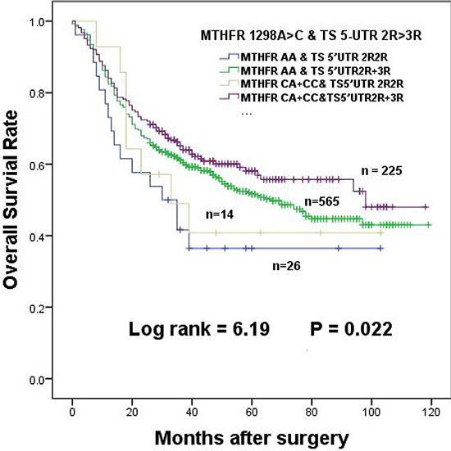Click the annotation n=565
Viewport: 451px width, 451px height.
point(321,201)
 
